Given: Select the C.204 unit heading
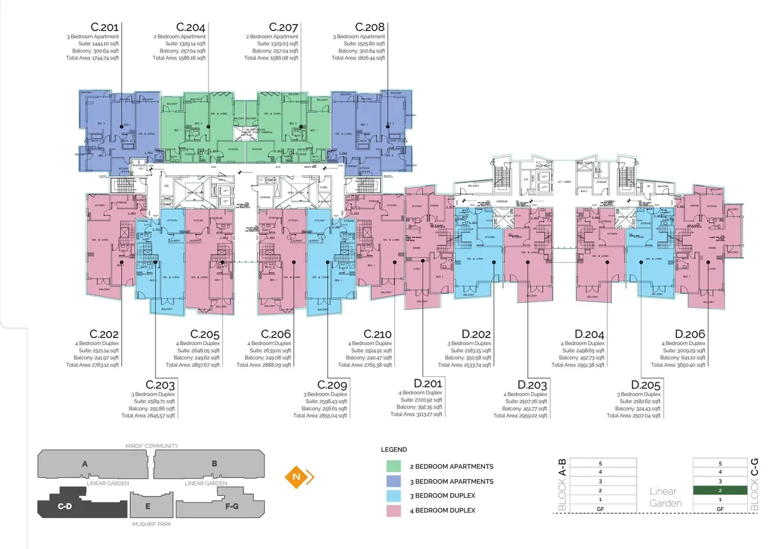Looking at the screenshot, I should tap(192, 27).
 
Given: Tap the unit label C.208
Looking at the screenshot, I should tap(370, 27).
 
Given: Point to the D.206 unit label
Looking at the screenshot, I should tap(690, 333).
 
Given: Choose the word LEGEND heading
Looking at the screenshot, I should tap(394, 449).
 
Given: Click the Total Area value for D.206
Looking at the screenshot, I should tap(682, 364).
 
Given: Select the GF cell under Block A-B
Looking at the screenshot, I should tap(600, 509).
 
